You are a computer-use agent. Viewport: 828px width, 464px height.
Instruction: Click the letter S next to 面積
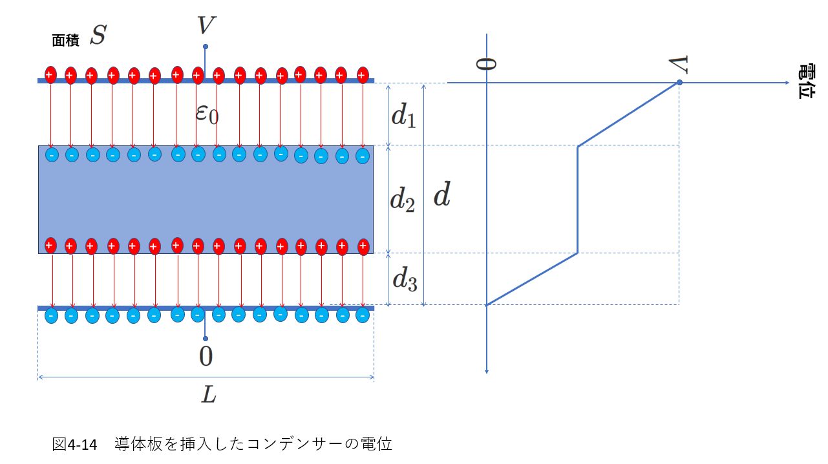point(98,35)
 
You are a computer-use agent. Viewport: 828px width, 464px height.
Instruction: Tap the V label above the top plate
point(206,25)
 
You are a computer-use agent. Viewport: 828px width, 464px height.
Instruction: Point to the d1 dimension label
point(403,115)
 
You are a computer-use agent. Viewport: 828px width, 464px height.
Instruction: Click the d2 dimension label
point(403,200)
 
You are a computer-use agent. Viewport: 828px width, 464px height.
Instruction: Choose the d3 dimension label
point(405,279)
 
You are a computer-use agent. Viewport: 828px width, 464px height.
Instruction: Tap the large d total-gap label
point(442,194)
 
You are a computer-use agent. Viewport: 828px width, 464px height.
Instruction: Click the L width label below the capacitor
point(209,395)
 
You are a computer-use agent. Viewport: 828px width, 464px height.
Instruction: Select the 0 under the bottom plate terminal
point(206,356)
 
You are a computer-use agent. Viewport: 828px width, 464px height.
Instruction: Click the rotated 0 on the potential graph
point(486,64)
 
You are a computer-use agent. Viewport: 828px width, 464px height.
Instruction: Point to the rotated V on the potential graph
point(679,65)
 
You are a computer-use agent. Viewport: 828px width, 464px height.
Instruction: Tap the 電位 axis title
point(806,81)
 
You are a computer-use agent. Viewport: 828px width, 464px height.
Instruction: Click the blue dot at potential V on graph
point(679,82)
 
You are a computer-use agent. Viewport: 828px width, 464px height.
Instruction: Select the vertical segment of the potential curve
point(577,200)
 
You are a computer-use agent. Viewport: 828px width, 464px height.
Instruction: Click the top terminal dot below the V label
point(206,47)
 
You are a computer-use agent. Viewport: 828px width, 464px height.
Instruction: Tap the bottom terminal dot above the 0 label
point(206,339)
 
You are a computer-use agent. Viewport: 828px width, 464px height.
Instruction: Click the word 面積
point(65,41)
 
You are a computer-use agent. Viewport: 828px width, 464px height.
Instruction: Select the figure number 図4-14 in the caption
point(74,444)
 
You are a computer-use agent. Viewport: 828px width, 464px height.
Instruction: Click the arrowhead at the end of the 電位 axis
point(787,83)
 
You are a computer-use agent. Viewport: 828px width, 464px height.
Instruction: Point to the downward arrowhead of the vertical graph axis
point(487,372)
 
